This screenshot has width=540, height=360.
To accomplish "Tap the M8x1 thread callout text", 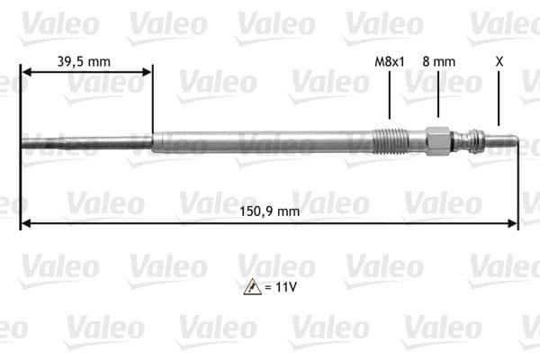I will coord(390,61).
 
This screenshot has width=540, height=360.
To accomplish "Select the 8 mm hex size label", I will coord(438,61).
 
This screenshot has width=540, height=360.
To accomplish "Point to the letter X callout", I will coord(499,61).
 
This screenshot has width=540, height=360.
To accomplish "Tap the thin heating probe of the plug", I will coord(85,141).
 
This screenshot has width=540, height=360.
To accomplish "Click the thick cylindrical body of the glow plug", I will coord(261,141).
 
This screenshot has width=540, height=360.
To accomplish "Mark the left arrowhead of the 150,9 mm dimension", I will coord(24,222).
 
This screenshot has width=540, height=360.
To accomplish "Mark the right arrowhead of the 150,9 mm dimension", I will coord(514,222).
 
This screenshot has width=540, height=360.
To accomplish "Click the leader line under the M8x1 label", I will coord(390,94).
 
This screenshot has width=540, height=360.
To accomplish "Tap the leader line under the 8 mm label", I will coord(438,94).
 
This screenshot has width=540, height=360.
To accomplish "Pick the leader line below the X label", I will coord(499,99).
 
